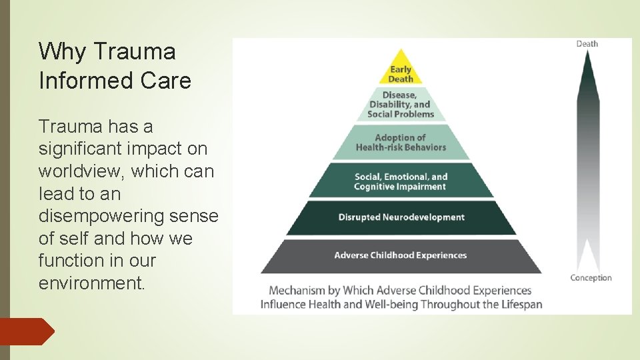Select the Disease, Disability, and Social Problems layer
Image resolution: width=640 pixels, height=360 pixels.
(x=401, y=105)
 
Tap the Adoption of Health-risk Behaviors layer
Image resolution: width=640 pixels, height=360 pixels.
(x=401, y=143)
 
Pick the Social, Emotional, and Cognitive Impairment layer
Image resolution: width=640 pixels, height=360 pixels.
(x=401, y=181)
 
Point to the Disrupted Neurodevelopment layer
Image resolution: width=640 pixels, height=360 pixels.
(x=401, y=217)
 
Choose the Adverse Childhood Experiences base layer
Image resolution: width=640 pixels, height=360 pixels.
(x=401, y=255)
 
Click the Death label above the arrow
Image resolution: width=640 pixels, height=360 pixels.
(x=587, y=44)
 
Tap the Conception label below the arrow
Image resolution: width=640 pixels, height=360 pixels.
(x=591, y=278)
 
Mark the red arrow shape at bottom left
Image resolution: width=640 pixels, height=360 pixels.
(x=27, y=331)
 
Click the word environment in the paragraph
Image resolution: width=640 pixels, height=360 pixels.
(x=91, y=283)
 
